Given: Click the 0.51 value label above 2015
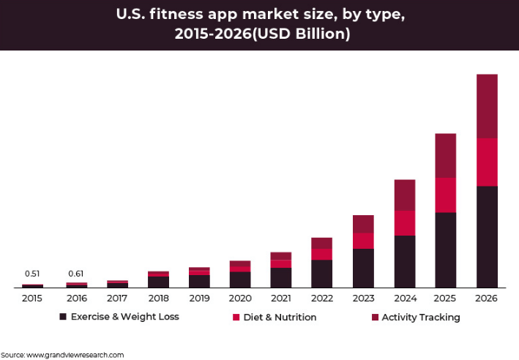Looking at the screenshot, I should [x=32, y=274].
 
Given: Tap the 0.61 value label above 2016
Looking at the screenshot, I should [x=76, y=274].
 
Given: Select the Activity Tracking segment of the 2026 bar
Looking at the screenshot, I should [x=487, y=106].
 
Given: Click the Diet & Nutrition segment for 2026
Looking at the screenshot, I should [x=487, y=162].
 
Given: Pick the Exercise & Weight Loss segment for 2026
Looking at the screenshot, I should [x=487, y=236].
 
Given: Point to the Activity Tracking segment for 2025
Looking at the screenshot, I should [x=445, y=156].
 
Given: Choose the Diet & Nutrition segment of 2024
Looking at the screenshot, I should [x=405, y=223].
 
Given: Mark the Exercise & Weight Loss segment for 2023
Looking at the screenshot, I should [x=363, y=268].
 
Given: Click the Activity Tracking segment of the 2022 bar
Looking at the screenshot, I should [x=321, y=243].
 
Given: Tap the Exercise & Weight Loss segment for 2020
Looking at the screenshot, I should [x=240, y=280].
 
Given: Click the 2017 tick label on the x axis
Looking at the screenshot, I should [x=117, y=299].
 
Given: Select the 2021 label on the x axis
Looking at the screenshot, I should [x=280, y=299].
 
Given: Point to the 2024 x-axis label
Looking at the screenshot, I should [x=404, y=299].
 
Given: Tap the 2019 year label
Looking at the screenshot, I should [x=199, y=299].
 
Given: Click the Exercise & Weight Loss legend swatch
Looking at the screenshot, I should [x=63, y=317].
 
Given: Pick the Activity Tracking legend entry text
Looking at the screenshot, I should [x=421, y=317].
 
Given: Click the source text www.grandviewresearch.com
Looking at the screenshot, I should [x=75, y=354].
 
